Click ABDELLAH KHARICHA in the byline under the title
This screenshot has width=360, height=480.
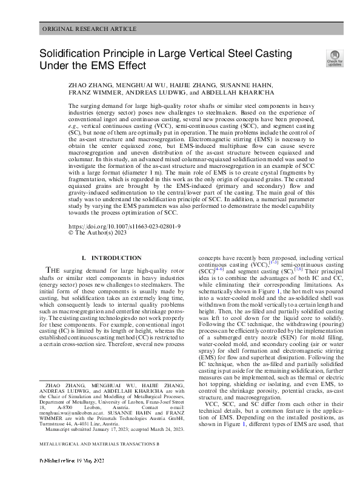click(x=242, y=93)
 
